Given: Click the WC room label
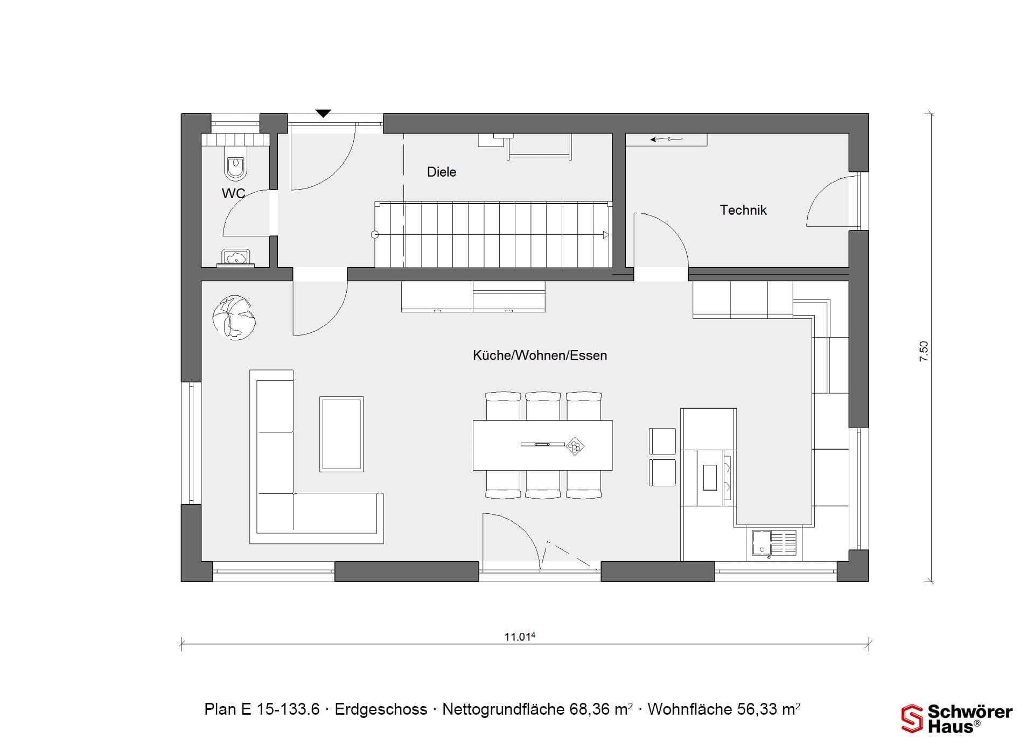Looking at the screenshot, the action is (x=233, y=193).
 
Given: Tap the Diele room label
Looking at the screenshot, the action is (x=442, y=172).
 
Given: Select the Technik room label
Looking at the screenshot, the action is (x=743, y=210).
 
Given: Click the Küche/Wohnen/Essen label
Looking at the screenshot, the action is (x=540, y=355).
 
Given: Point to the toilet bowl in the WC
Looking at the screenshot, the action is (x=236, y=167).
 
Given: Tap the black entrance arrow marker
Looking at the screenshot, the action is (x=323, y=113).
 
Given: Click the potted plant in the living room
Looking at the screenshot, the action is (x=234, y=317).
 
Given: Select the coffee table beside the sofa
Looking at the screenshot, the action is (x=341, y=434).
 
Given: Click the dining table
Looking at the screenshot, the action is (x=542, y=445).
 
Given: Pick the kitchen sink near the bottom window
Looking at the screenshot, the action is (x=774, y=543).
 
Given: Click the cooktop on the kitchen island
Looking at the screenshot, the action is (x=714, y=478).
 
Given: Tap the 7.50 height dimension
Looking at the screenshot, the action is (x=924, y=351).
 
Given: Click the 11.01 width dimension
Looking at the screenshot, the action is (x=520, y=637).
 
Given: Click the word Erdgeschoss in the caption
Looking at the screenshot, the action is (x=381, y=709).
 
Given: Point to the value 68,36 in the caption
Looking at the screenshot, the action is (x=588, y=709).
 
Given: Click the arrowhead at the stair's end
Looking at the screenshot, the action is (x=606, y=235).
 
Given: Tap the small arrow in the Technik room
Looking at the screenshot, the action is (x=666, y=139).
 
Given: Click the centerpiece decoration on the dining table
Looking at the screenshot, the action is (x=576, y=446).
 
